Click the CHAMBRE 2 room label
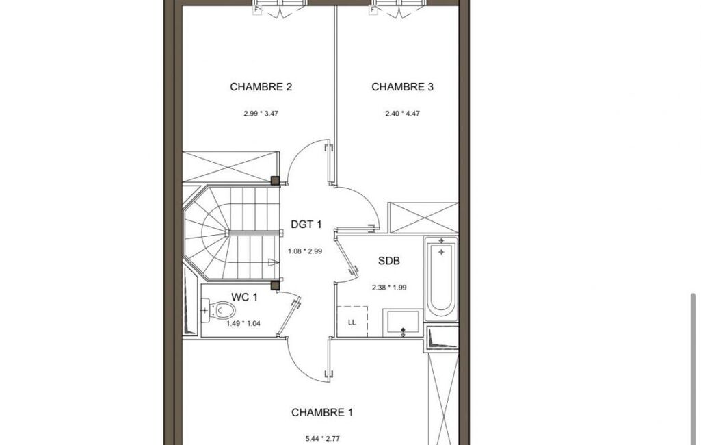(x=261, y=87)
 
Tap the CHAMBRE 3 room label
(x=402, y=87)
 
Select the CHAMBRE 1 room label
(x=322, y=412)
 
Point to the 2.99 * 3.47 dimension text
(x=261, y=114)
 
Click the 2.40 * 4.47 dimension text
(x=402, y=114)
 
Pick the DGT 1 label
(x=306, y=225)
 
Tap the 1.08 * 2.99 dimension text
(x=305, y=251)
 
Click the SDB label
(x=389, y=261)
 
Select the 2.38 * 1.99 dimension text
(x=389, y=288)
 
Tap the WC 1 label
(x=244, y=297)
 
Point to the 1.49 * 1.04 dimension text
(x=243, y=323)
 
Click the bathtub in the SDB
(x=441, y=279)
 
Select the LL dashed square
(x=352, y=322)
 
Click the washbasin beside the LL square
(x=403, y=322)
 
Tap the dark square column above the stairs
(x=276, y=181)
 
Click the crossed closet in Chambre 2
(x=230, y=166)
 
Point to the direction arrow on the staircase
(x=273, y=262)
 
